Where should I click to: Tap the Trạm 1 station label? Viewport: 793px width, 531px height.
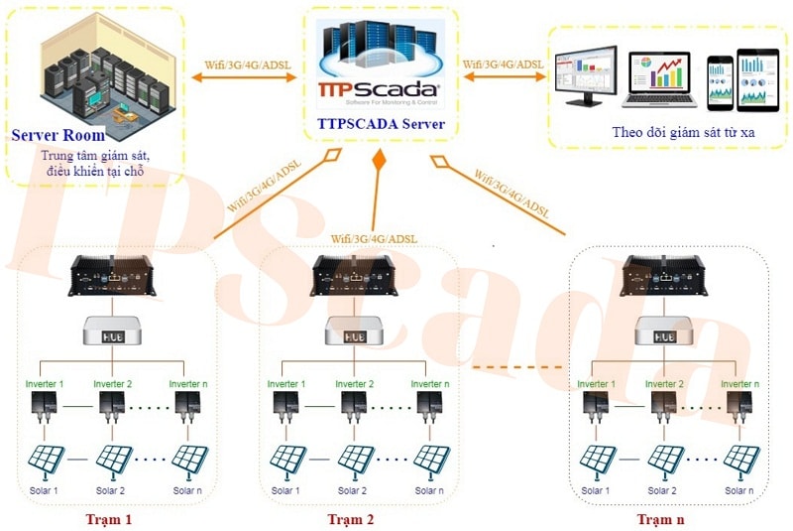tap(108, 518)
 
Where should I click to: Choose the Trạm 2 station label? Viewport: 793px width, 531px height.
tap(350, 518)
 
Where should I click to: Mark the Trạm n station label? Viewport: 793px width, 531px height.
tap(660, 518)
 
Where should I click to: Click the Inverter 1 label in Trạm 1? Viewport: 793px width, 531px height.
tap(45, 383)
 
